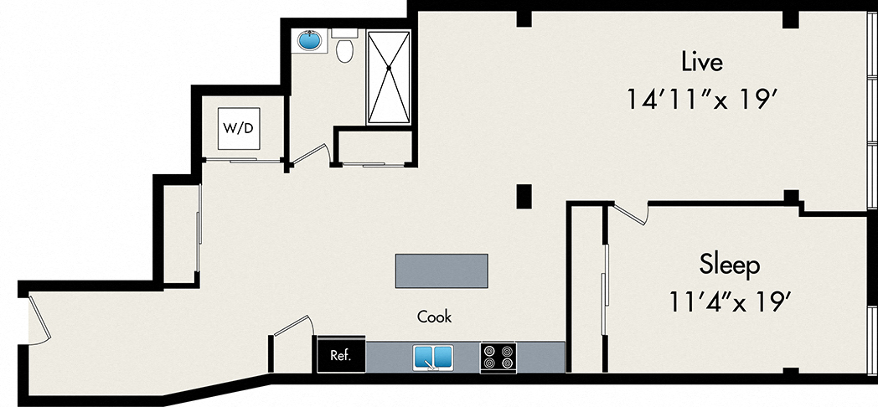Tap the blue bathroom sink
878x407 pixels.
click(309, 41)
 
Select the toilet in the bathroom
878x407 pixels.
click(343, 49)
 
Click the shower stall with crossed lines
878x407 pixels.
click(388, 77)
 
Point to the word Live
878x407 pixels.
click(701, 61)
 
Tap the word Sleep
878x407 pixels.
click(729, 265)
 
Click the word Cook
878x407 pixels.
click(435, 317)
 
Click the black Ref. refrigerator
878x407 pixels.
click(340, 355)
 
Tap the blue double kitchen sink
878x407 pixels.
click(433, 357)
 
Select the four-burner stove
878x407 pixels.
click(498, 358)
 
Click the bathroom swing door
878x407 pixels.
click(309, 155)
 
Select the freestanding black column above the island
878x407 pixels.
click(524, 195)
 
